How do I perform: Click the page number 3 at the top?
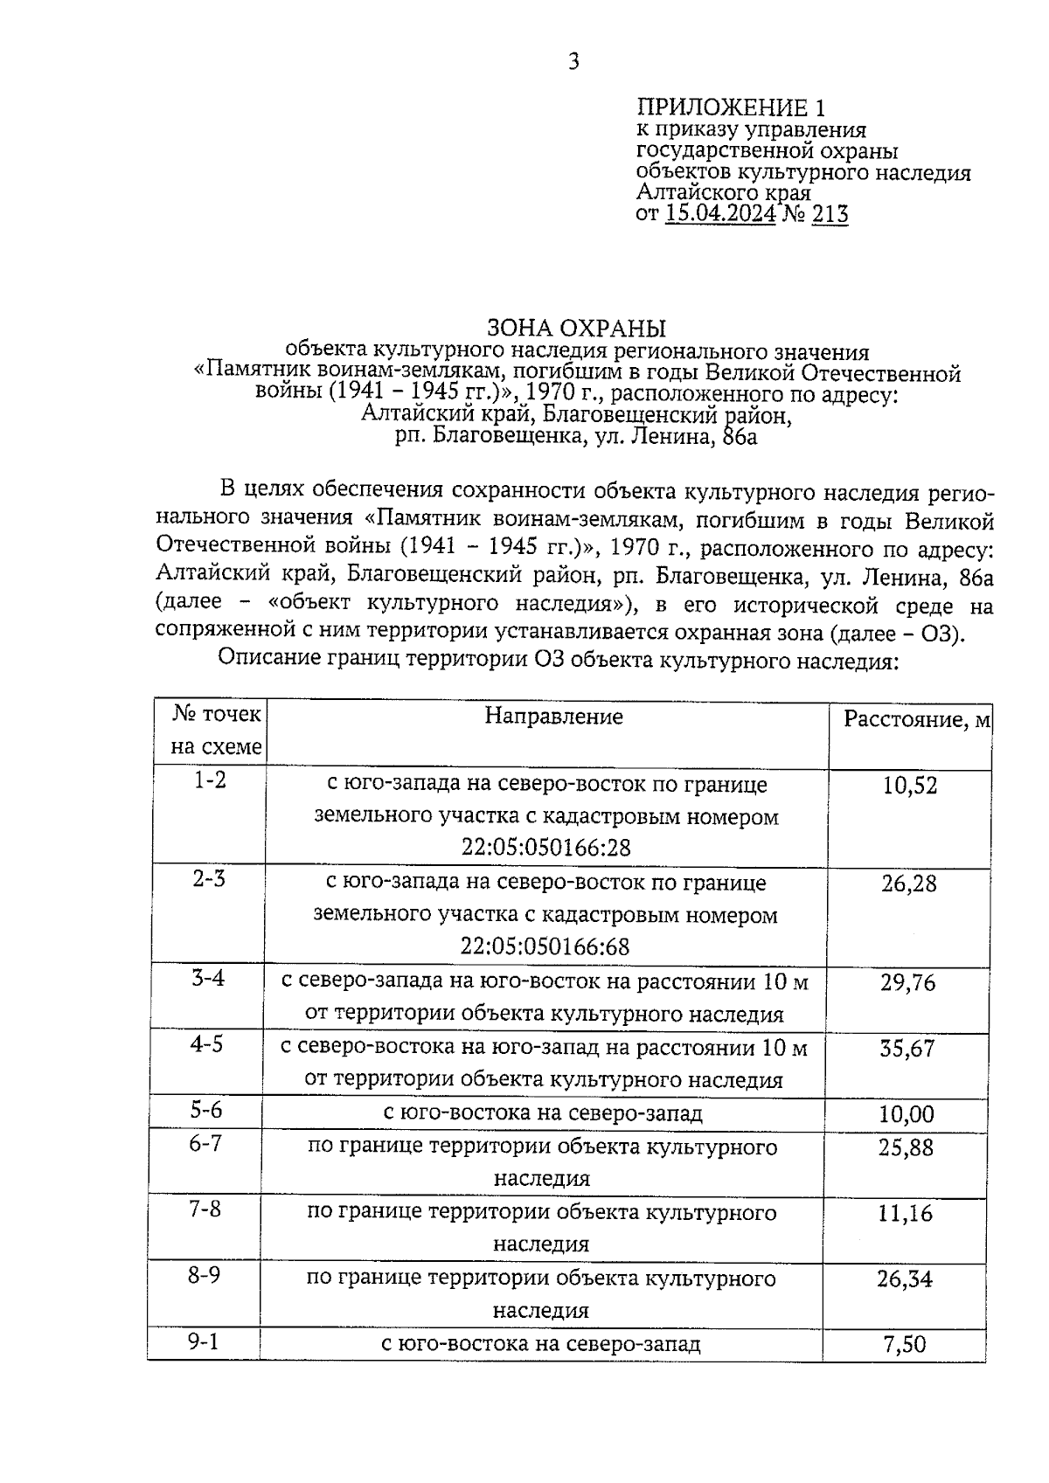click(573, 62)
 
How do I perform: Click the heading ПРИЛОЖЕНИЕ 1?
click(731, 108)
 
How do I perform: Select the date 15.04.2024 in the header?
click(720, 214)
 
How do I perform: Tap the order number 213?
click(830, 214)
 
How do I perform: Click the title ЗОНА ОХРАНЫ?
click(576, 329)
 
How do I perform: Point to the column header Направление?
click(554, 717)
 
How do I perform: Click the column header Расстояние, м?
click(916, 719)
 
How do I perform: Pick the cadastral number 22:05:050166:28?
click(545, 848)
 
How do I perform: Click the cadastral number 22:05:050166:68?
click(545, 947)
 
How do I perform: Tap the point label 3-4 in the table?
click(209, 978)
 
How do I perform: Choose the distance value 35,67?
click(907, 1049)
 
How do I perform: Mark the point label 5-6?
click(206, 1110)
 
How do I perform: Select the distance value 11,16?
click(906, 1213)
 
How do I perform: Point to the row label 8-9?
click(204, 1275)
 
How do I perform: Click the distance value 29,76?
click(907, 983)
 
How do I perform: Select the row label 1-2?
click(210, 780)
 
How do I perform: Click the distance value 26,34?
click(905, 1280)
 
